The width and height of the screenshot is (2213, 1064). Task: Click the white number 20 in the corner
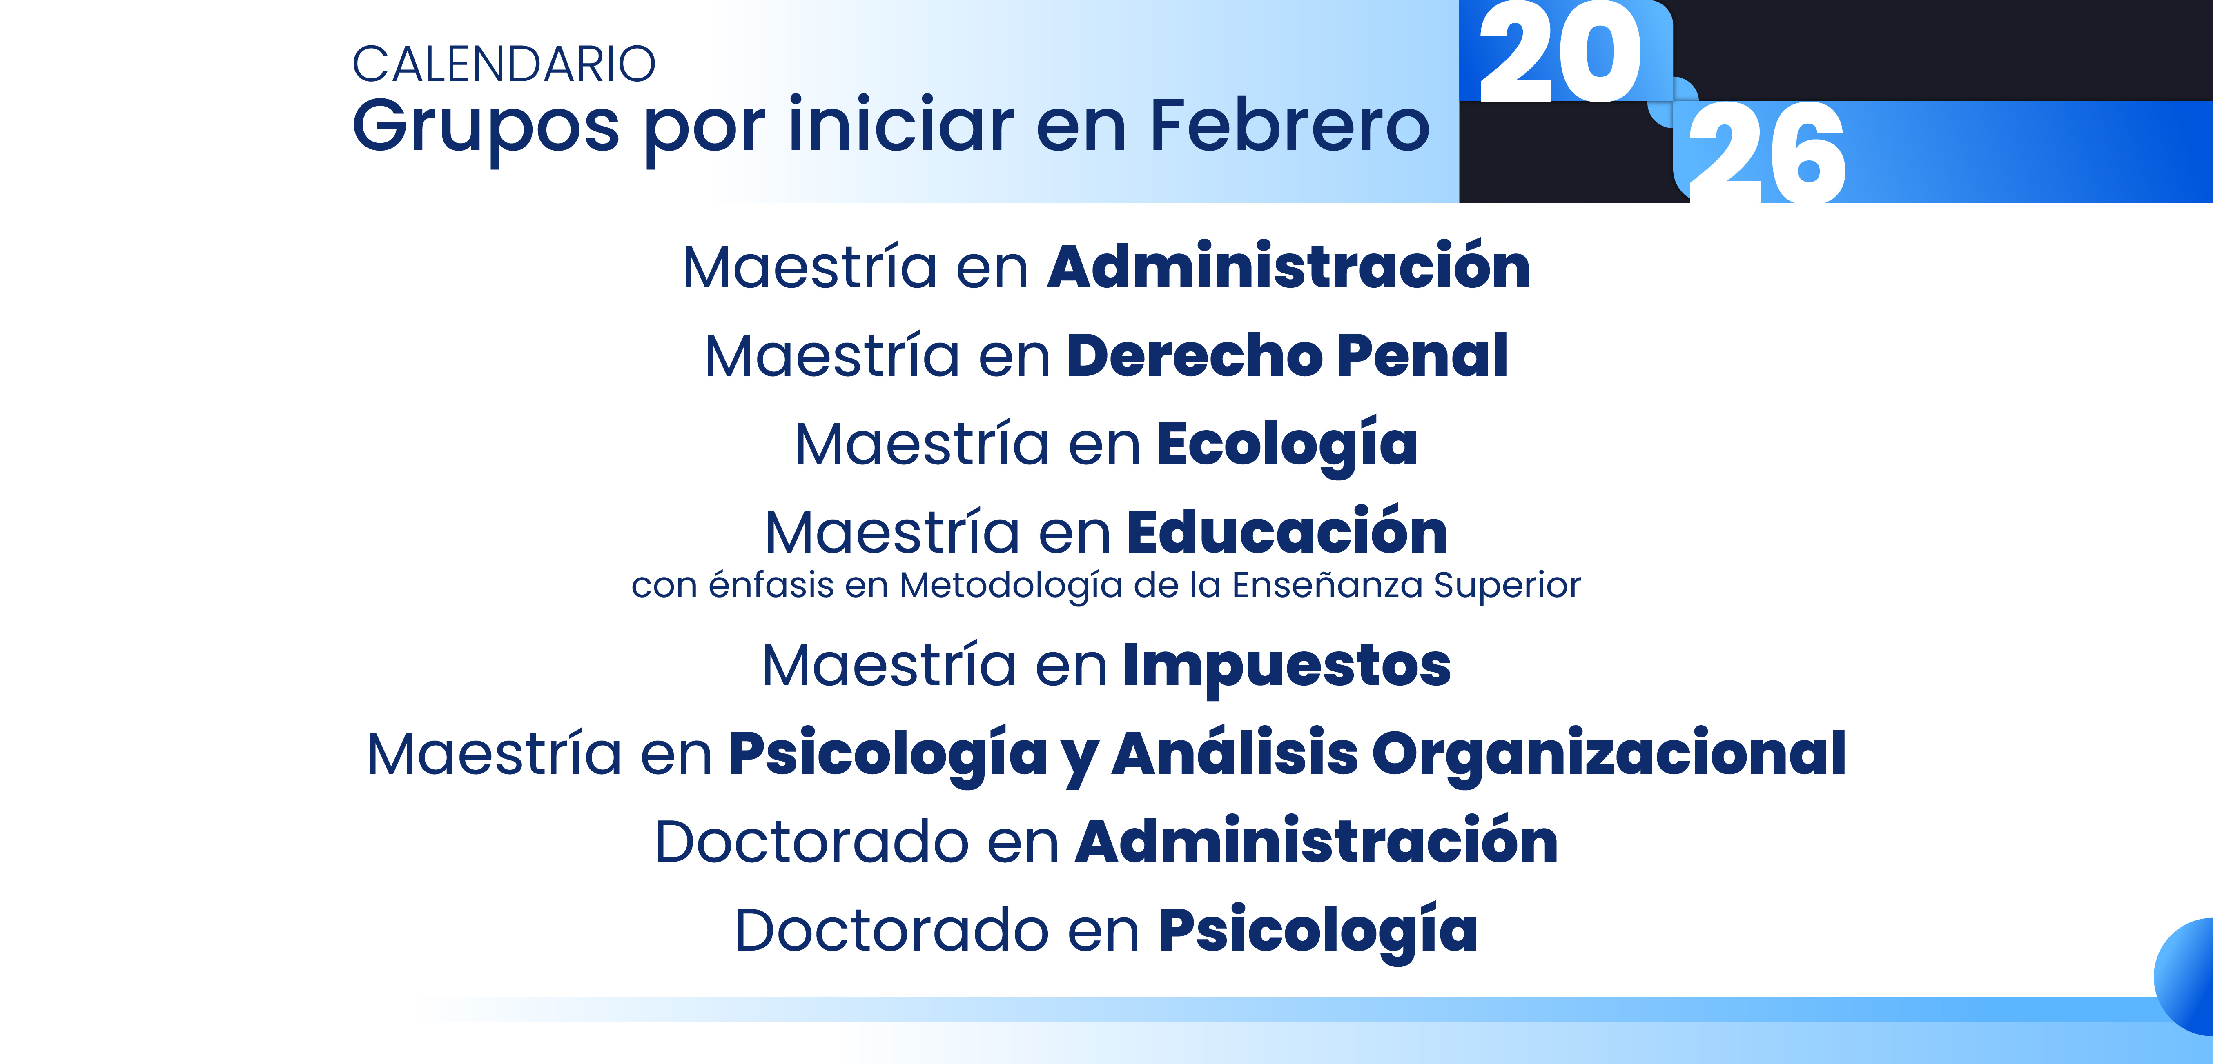pyautogui.click(x=1559, y=53)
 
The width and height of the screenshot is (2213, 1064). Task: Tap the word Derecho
pyautogui.click(x=1194, y=355)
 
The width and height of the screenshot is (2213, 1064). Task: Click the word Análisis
pyautogui.click(x=1235, y=753)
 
